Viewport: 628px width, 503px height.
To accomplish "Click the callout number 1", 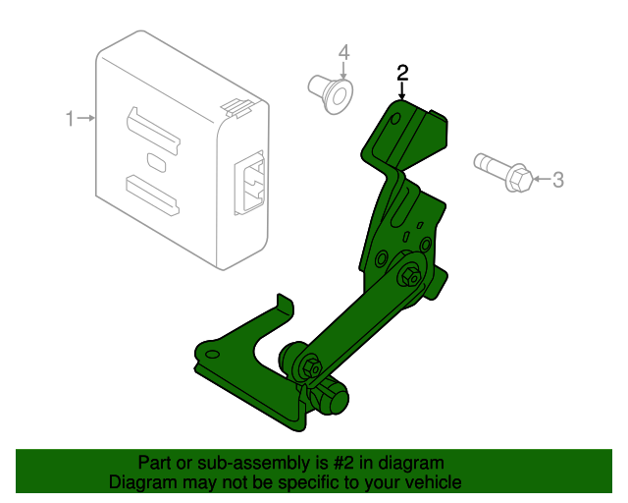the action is click(70, 119).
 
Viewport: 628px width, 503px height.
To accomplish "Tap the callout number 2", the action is click(402, 73).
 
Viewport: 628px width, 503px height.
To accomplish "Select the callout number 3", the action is click(558, 180).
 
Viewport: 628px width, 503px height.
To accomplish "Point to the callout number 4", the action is click(344, 52).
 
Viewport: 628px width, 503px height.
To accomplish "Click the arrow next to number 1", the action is click(86, 118).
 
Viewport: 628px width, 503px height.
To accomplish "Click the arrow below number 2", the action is click(402, 90).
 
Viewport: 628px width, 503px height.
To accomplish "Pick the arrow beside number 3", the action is click(543, 179).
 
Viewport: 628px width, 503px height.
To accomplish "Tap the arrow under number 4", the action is click(343, 70).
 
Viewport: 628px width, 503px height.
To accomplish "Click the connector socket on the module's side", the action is click(249, 184).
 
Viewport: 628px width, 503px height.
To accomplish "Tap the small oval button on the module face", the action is click(157, 162).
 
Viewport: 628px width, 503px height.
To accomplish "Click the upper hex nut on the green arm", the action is click(409, 276).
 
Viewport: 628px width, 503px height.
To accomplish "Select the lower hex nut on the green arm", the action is click(312, 367).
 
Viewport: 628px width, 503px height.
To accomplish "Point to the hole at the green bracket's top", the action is click(394, 119).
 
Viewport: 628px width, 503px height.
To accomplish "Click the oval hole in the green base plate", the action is click(212, 355).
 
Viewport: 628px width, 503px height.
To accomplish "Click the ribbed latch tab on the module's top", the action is click(235, 108).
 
